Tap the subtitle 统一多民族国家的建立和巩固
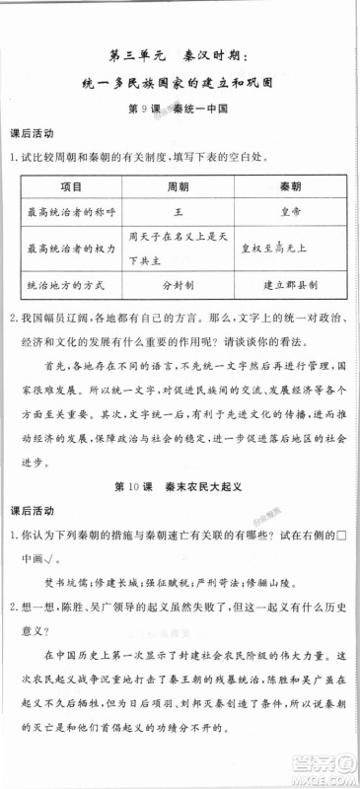pos(179,85)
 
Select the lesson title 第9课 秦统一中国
pos(179,110)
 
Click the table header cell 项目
pos(68,186)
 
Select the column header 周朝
pos(179,186)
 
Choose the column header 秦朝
pos(288,186)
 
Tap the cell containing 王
pos(179,211)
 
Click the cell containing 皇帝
pos(288,211)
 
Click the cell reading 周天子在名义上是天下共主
pos(179,247)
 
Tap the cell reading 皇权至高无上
pos(288,247)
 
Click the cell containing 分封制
pos(179,283)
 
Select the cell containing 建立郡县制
pos(288,283)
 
